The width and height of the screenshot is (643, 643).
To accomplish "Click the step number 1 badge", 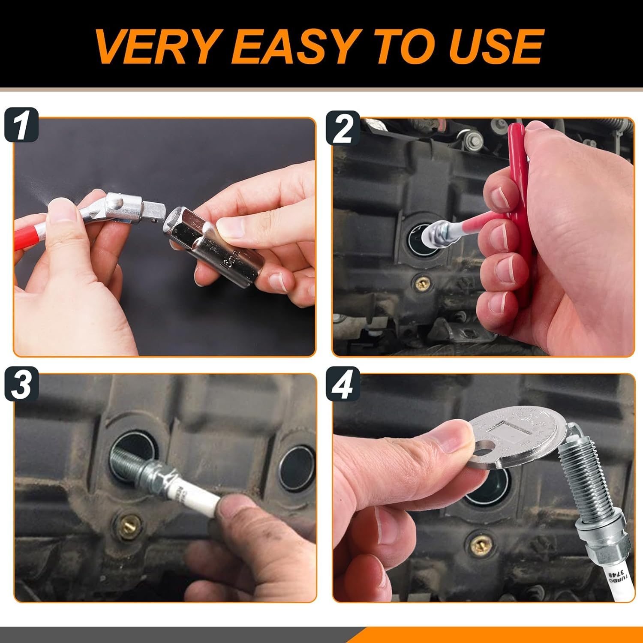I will tap(21, 125).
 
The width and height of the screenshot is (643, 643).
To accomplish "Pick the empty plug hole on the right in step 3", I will tap(296, 467).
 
